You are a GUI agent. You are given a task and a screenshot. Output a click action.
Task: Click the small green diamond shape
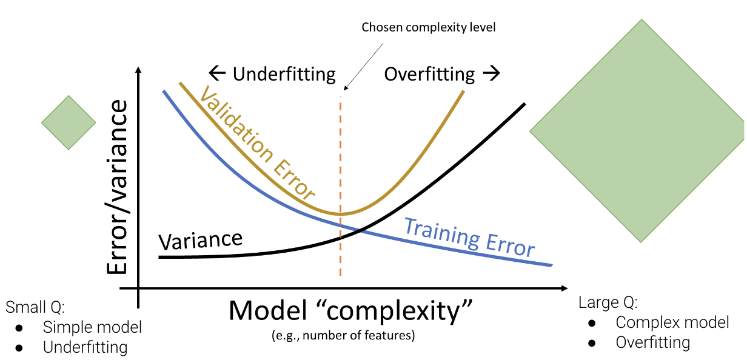point(69,122)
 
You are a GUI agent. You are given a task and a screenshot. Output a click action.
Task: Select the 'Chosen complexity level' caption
point(429,27)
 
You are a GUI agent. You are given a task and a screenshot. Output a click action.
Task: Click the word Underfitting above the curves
point(284,74)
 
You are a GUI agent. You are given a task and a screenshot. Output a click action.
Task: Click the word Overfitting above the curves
point(429,74)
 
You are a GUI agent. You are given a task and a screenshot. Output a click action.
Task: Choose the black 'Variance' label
point(200,239)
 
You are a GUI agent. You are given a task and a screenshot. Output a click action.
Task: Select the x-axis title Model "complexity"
point(350,311)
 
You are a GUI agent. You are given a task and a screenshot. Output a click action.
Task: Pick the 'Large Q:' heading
point(608,302)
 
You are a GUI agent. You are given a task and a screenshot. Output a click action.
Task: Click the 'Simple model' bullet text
point(92,327)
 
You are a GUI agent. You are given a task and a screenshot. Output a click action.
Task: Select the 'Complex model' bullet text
point(672,322)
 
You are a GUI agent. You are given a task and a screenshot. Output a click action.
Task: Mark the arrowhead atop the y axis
point(139,70)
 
